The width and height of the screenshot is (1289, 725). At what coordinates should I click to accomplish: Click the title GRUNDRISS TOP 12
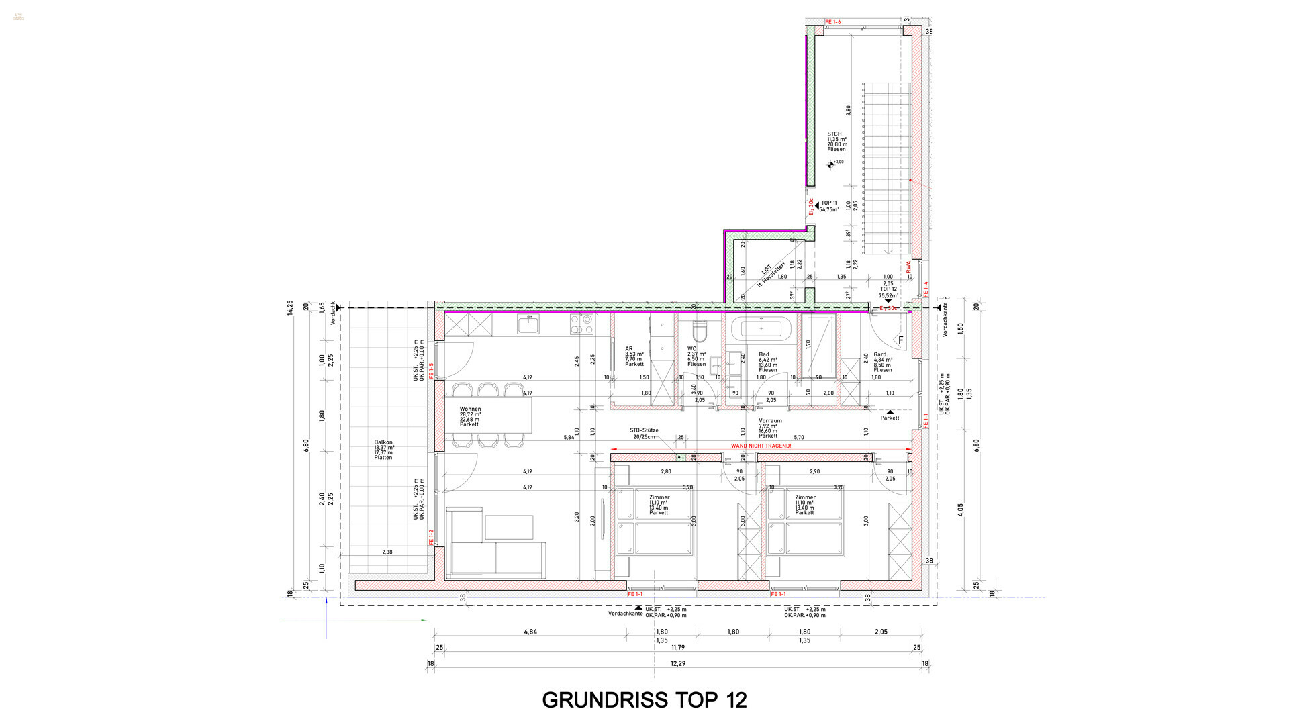[x=644, y=700]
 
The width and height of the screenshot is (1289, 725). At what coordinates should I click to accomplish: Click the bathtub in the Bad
[x=761, y=329]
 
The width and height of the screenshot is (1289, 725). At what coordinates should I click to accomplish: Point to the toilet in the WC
[x=700, y=330]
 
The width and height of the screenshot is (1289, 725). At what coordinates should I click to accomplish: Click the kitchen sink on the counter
[x=528, y=325]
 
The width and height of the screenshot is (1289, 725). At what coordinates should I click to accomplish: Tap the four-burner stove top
[x=581, y=325]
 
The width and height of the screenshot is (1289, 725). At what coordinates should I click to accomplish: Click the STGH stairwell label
[x=836, y=141]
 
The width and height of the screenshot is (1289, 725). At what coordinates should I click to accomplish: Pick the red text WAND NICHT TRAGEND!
[x=761, y=446]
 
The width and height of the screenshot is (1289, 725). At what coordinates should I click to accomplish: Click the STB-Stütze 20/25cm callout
[x=644, y=433]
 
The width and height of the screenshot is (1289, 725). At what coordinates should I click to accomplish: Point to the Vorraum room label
[x=769, y=428]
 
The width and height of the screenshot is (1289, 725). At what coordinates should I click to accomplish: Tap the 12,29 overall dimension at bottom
[x=678, y=663]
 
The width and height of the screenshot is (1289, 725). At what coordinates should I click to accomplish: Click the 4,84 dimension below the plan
[x=530, y=632]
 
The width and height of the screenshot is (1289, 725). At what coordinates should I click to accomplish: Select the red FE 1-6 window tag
[x=832, y=23]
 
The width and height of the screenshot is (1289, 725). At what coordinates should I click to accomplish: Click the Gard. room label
[x=882, y=362]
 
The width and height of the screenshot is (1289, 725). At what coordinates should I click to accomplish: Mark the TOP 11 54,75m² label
[x=829, y=206]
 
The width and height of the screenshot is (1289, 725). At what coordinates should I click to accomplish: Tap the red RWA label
[x=908, y=267]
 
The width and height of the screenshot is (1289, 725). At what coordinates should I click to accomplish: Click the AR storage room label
[x=634, y=356]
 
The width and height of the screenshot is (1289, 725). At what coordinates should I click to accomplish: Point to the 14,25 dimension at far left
[x=290, y=308]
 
